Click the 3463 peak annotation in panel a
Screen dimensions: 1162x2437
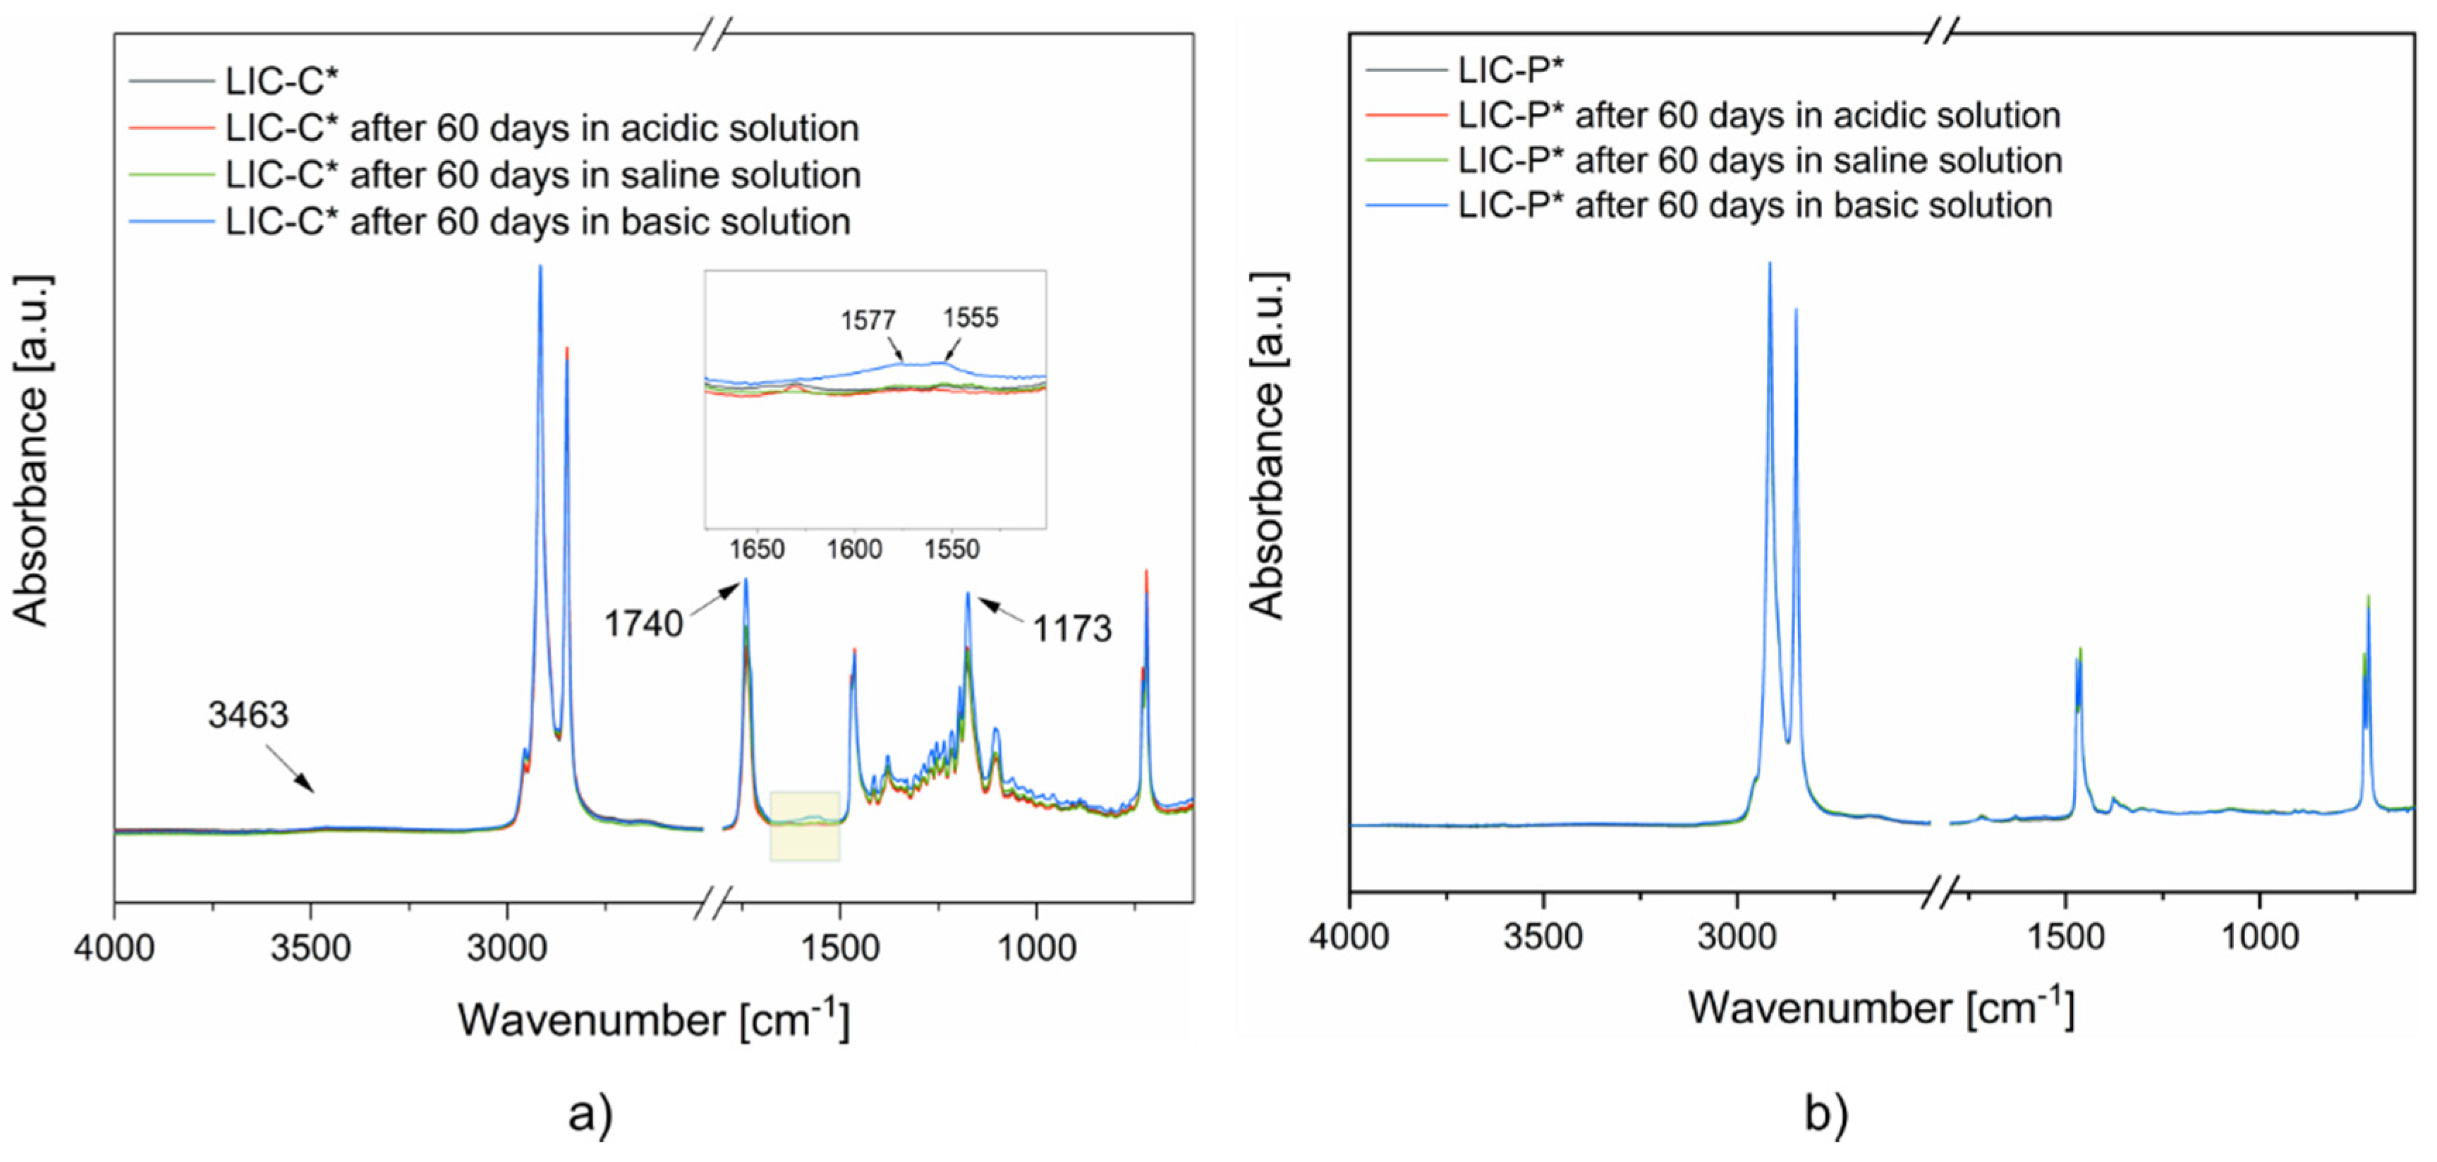coord(248,715)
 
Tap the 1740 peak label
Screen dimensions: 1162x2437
coord(643,624)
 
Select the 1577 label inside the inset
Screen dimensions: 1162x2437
coord(868,321)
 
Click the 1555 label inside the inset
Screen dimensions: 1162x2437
coord(970,318)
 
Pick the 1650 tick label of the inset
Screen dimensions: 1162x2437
coord(757,550)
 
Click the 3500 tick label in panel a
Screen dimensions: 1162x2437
coord(310,948)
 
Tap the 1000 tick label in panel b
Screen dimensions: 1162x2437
coord(2259,937)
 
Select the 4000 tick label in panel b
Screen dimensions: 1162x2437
coord(1349,937)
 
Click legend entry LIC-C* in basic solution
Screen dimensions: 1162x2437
coord(537,222)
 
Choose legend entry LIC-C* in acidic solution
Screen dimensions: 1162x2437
coord(541,128)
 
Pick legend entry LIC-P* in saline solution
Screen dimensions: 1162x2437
coord(1760,161)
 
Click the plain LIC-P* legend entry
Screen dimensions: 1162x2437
coord(1510,69)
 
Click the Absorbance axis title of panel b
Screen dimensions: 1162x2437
coord(1267,444)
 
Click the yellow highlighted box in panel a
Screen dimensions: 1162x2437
coord(805,826)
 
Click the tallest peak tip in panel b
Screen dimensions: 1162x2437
coord(1769,264)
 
